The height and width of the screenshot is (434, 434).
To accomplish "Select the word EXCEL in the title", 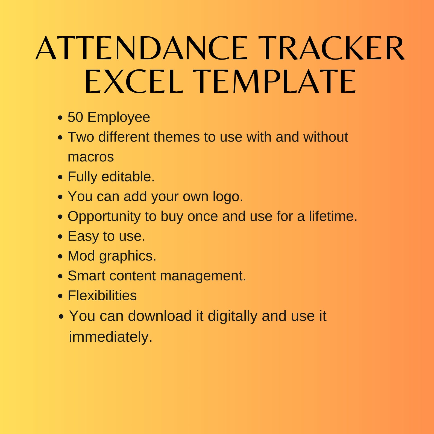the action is click(134, 81).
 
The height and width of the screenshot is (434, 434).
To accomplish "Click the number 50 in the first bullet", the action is click(75, 117).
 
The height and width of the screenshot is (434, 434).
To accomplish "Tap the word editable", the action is click(128, 177).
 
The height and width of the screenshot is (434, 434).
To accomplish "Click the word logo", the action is click(228, 197).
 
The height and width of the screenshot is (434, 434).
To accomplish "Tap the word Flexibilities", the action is click(102, 295).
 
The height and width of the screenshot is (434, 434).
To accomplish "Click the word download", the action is click(160, 316).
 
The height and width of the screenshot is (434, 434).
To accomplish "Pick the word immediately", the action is click(111, 337).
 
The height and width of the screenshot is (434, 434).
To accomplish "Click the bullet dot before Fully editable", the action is click(60, 177).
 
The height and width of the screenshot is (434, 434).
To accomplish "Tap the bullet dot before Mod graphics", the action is click(60, 256).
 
